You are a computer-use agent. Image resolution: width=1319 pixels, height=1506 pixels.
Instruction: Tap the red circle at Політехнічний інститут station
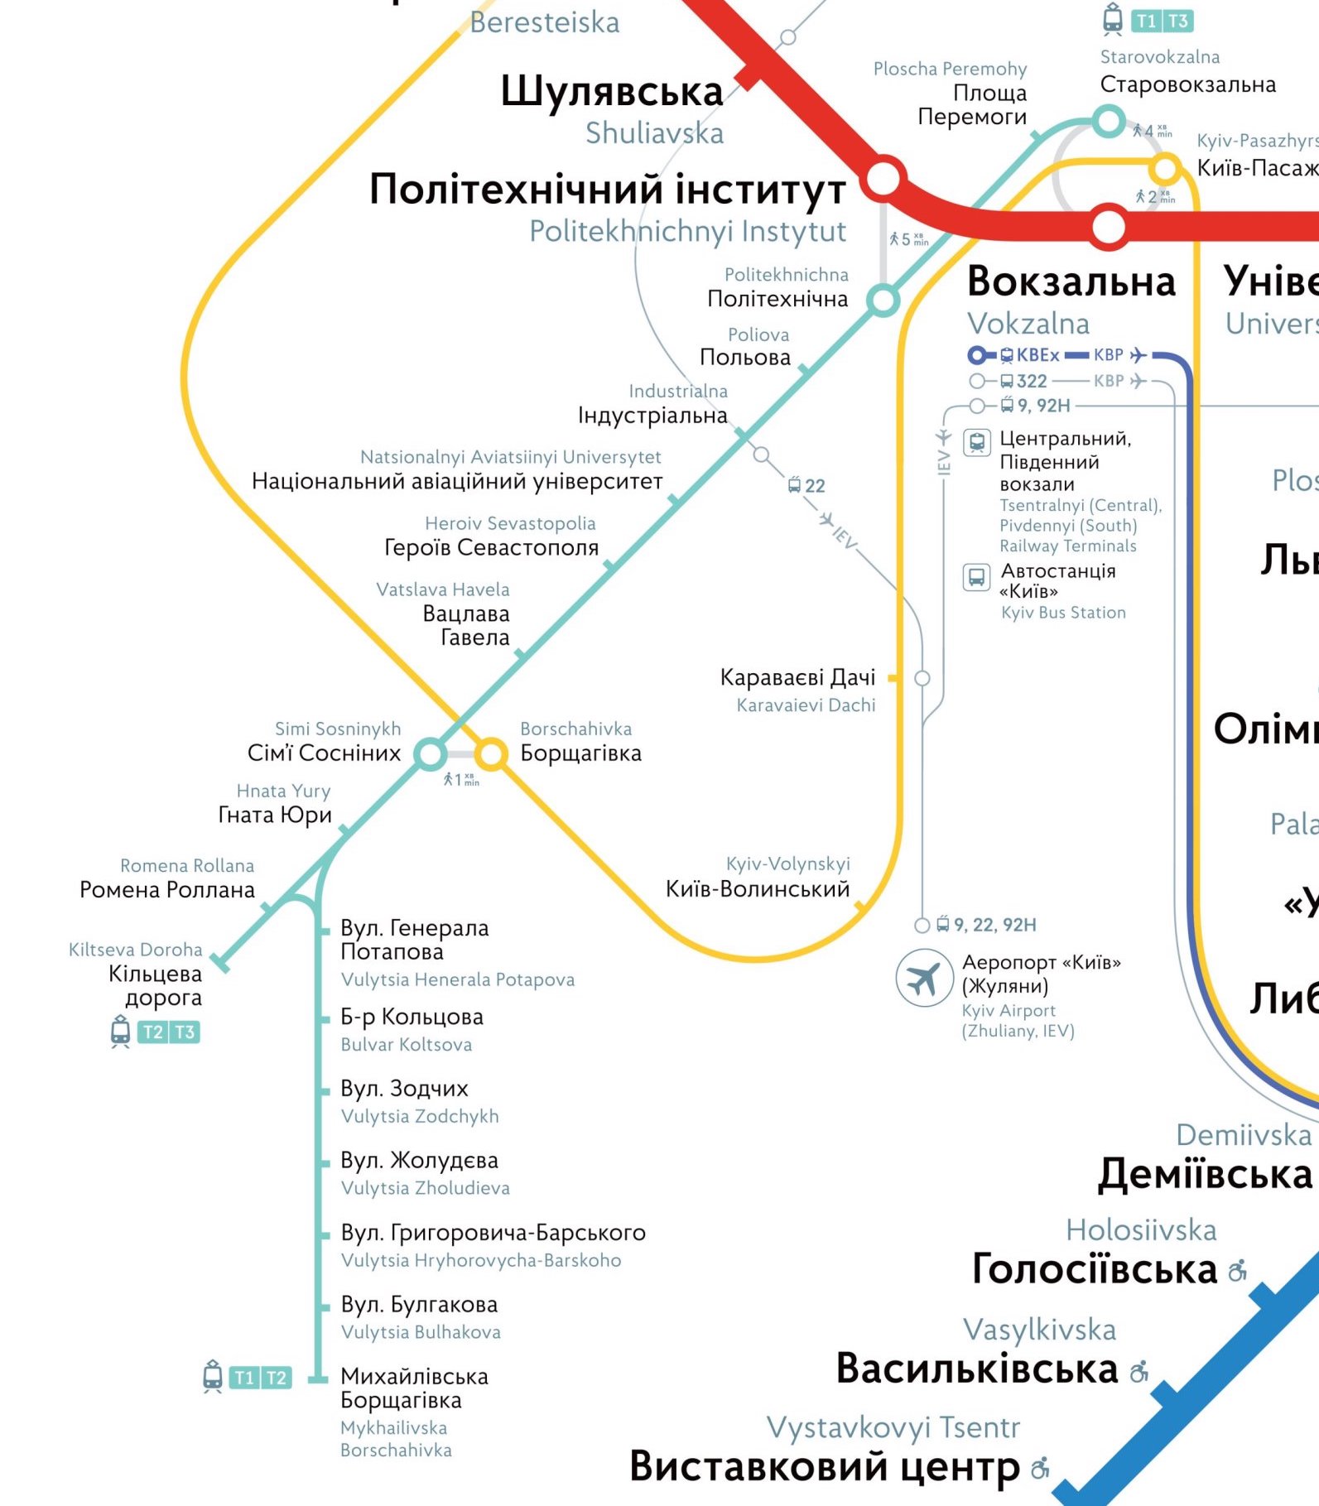[883, 177]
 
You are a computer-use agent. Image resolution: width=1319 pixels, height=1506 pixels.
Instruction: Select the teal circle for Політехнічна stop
[883, 300]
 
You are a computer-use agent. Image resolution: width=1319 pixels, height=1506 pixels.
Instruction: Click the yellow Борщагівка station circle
[491, 753]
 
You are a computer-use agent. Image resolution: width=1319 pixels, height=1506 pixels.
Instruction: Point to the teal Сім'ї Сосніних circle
[430, 753]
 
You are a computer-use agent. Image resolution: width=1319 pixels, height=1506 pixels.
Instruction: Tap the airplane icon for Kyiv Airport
[923, 978]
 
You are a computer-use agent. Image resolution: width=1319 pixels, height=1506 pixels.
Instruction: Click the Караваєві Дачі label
[797, 677]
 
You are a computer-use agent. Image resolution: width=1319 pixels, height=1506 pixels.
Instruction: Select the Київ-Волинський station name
[758, 888]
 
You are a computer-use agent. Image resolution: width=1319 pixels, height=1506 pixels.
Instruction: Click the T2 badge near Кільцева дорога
[153, 1032]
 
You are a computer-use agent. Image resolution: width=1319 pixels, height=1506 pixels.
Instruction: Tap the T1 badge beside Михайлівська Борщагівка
[244, 1378]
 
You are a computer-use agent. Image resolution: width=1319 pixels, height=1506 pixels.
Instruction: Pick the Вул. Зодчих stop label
[404, 1088]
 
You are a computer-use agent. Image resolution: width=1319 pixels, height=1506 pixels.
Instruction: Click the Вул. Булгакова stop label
[419, 1304]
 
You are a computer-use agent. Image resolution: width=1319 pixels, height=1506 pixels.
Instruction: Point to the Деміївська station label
[1205, 1173]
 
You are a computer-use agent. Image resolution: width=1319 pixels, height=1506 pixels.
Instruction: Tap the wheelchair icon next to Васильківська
[1140, 1372]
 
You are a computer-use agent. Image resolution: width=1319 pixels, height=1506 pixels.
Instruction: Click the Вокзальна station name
[1071, 281]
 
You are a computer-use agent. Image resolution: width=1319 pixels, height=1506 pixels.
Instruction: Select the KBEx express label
[1037, 355]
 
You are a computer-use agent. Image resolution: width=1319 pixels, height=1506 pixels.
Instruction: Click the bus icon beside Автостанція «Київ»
[976, 576]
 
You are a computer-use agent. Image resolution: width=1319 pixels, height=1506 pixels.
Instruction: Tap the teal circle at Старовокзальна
[1108, 121]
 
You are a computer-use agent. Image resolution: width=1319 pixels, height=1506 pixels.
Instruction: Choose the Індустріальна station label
[652, 415]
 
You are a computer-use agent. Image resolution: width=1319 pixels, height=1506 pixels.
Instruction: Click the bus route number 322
[1032, 381]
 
